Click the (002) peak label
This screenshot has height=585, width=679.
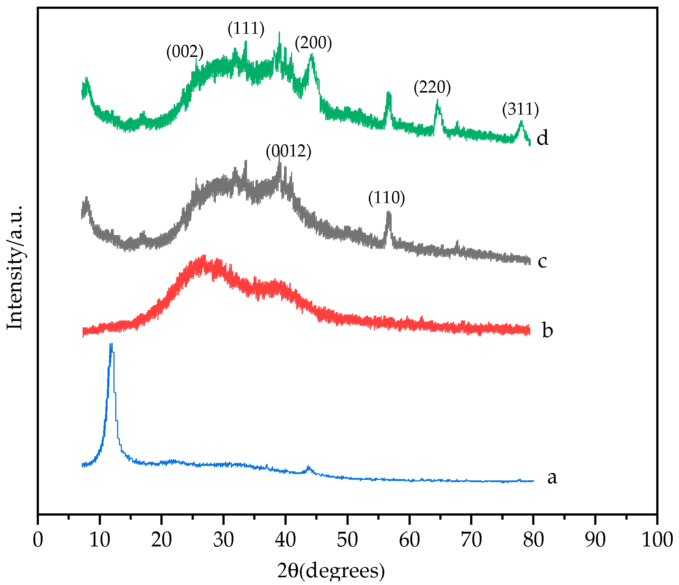(185, 52)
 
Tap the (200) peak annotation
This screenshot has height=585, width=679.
(313, 43)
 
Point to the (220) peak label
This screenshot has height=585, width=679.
(432, 87)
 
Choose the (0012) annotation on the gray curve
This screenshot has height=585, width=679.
(288, 151)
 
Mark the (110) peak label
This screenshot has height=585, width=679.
(386, 198)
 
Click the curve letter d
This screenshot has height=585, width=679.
(542, 138)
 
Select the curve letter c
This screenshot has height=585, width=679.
(542, 261)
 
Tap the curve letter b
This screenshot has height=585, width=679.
(547, 330)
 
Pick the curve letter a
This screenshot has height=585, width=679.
(552, 477)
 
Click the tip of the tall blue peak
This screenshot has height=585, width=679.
(111, 344)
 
